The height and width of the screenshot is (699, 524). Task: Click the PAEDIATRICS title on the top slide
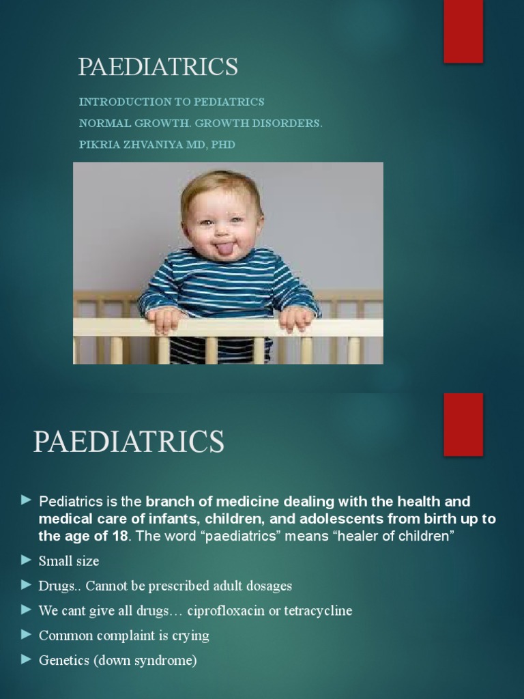pos(158,67)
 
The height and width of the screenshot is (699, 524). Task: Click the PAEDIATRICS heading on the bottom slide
pos(129,442)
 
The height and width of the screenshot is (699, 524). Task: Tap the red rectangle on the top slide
pos(463,31)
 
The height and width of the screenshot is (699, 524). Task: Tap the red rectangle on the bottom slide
pos(463,424)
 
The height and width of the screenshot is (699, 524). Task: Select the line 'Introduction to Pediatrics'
pos(171,102)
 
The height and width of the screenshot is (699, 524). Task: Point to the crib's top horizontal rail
pos(228,327)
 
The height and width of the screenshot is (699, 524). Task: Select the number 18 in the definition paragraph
pos(119,536)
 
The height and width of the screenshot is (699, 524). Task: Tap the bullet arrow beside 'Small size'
pos(27,560)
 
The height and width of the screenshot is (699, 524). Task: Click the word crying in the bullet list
pos(190,636)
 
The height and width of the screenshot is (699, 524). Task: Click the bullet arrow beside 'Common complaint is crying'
pos(27,635)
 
